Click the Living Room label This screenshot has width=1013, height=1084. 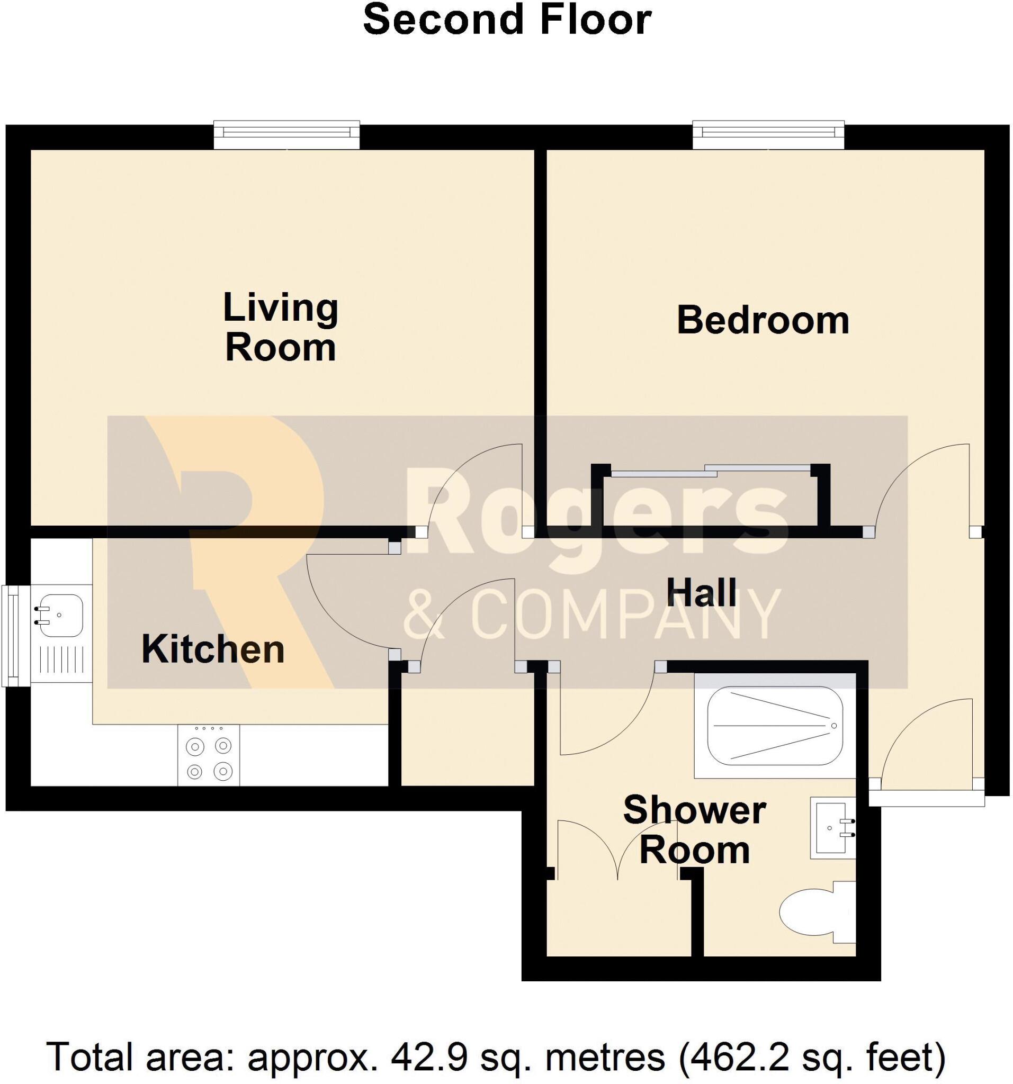click(281, 328)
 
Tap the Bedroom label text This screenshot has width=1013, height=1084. click(763, 321)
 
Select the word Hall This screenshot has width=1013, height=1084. click(702, 593)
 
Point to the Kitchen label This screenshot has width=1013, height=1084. click(213, 649)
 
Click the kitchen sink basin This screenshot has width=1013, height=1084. click(59, 615)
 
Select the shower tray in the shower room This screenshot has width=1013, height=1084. click(775, 725)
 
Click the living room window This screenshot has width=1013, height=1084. click(286, 134)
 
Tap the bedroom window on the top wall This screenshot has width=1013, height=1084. click(768, 134)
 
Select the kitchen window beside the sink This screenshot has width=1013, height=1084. click(11, 635)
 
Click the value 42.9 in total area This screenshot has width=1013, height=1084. click(429, 1055)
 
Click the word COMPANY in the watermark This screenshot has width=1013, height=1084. click(625, 615)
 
